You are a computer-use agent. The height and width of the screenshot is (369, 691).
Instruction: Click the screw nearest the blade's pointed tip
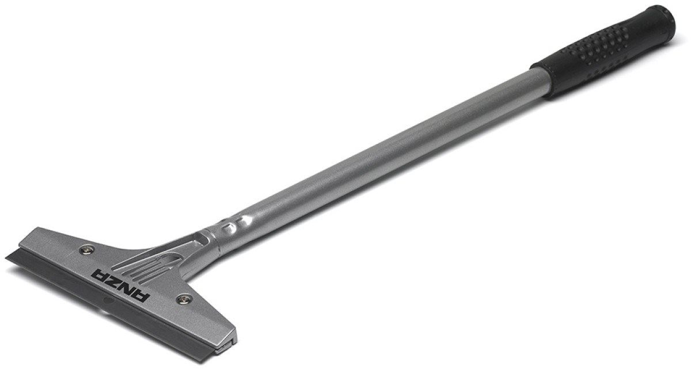(87, 249)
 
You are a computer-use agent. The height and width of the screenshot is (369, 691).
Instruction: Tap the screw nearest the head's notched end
(184, 298)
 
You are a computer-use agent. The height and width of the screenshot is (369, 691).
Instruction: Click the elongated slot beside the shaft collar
(202, 238)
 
